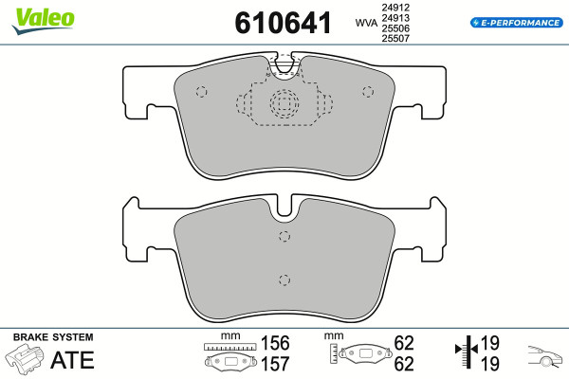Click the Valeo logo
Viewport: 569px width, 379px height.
pos(44,21)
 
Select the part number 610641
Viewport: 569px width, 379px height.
pos(283,23)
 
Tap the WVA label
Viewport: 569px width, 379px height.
pos(366,23)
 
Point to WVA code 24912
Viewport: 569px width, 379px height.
pos(395,8)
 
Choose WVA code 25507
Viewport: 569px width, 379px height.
pos(395,38)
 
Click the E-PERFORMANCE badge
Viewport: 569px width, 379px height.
pos(517,23)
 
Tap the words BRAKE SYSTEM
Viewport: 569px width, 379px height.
pos(53,337)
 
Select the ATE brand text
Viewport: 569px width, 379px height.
pos(73,360)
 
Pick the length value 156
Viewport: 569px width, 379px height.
pos(275,343)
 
